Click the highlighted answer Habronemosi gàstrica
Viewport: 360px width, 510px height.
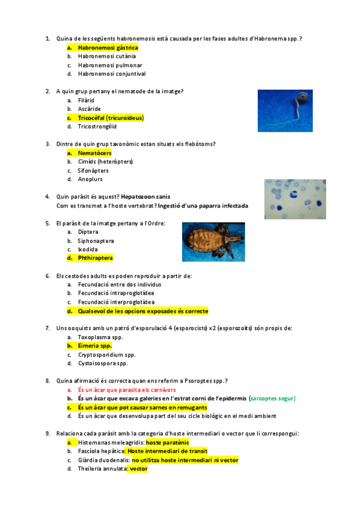click(108, 47)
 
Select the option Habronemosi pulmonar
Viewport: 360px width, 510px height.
click(110, 65)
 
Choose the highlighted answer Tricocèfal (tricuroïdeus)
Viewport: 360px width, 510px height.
click(111, 118)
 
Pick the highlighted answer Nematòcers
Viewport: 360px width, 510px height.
click(94, 153)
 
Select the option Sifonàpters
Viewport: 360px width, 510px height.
click(93, 170)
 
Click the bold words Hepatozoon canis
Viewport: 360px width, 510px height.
click(145, 197)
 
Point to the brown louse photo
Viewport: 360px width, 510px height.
click(213, 242)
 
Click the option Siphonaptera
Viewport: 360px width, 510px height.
click(96, 241)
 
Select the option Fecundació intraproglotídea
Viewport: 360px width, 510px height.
click(116, 293)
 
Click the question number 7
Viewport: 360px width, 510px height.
click(47, 328)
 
